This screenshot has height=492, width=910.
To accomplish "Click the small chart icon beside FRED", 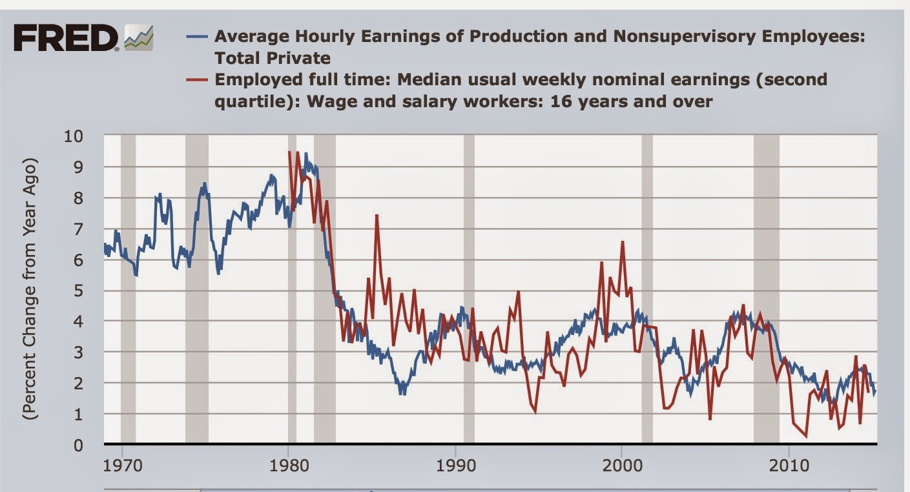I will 139,39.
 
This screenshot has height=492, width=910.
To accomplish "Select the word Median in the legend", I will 427,79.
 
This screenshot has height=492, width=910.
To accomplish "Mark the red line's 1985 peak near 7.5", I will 377,215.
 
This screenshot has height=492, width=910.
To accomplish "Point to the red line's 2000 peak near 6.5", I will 623,242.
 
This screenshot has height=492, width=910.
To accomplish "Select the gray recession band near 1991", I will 469,291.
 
